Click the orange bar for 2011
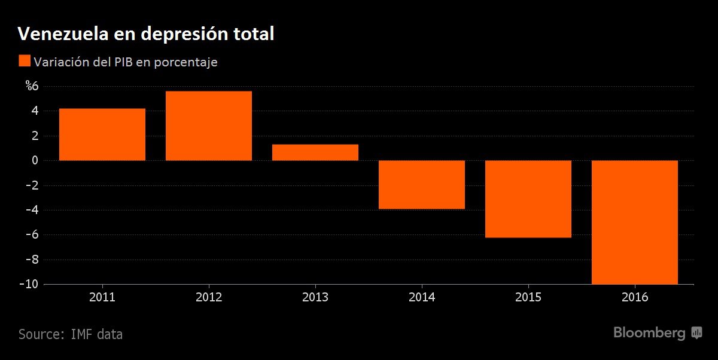click(x=102, y=135)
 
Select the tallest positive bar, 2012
click(x=209, y=126)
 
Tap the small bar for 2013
click(x=315, y=152)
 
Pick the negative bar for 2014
click(x=422, y=185)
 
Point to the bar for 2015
click(x=528, y=199)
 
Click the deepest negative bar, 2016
click(x=635, y=222)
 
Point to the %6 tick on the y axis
click(x=32, y=86)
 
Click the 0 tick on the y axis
click(x=35, y=160)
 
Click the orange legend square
click(x=25, y=61)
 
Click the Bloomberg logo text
click(x=649, y=333)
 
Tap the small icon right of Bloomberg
click(x=696, y=333)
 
